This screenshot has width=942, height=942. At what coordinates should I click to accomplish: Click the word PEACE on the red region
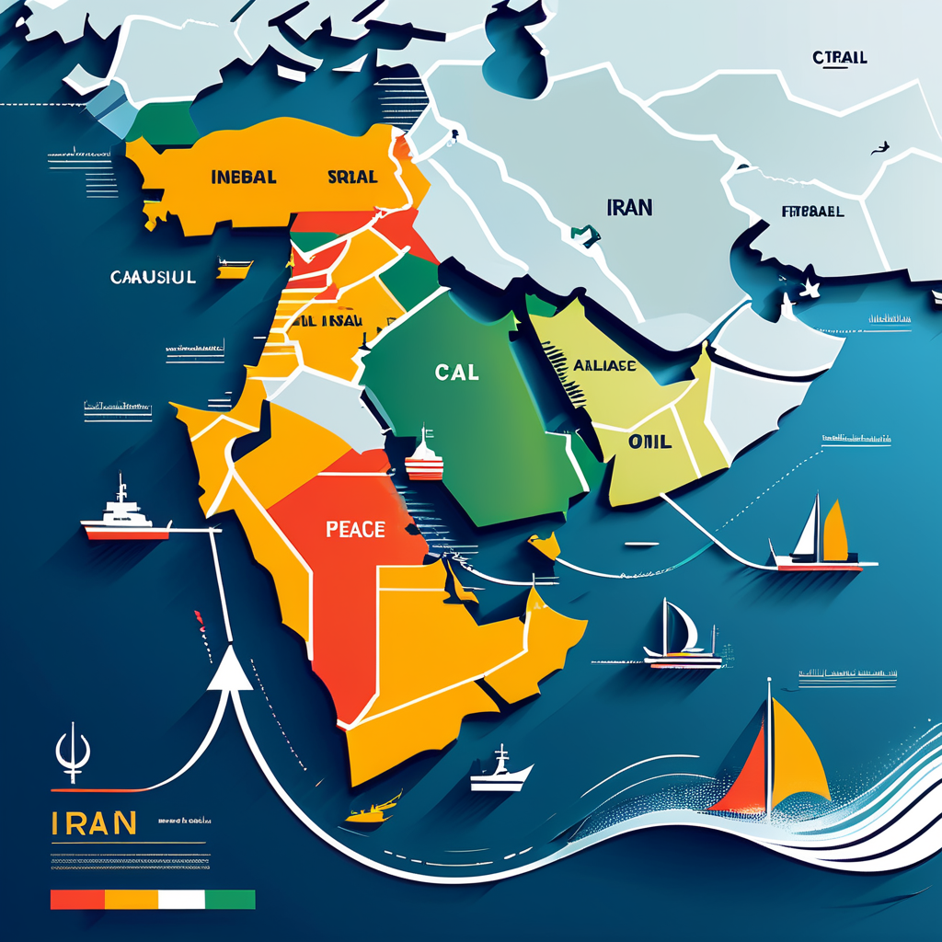(355, 531)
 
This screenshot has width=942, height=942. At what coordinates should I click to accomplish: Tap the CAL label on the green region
(457, 372)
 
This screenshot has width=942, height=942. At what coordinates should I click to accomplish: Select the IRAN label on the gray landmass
(629, 207)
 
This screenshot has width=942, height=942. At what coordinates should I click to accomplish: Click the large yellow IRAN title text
(95, 821)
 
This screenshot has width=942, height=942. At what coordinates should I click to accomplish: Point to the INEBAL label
(244, 177)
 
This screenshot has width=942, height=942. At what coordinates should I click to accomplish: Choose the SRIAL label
(352, 177)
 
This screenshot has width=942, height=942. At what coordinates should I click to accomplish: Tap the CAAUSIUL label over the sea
(152, 276)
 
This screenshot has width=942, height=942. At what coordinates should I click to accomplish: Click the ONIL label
(649, 442)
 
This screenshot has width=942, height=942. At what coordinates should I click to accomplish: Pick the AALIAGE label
(604, 365)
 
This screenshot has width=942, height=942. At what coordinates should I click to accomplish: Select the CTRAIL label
(840, 58)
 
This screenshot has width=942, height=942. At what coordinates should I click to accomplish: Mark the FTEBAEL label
(812, 211)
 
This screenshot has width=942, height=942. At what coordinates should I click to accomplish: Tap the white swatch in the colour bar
(182, 899)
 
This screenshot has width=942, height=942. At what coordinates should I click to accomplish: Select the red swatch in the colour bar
(78, 899)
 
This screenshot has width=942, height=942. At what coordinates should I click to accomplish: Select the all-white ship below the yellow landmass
(500, 771)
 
